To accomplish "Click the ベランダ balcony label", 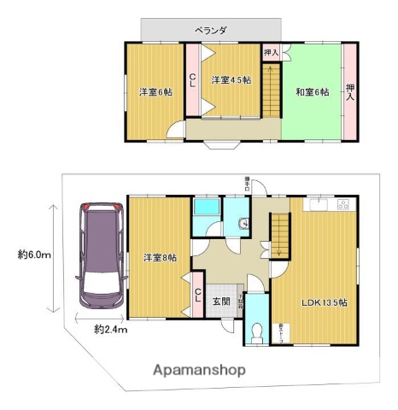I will click(210, 30).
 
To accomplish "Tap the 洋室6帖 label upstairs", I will click(156, 91).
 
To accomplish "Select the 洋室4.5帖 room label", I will click(231, 80).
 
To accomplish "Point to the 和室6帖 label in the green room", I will click(312, 91).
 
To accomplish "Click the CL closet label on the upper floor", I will click(193, 80).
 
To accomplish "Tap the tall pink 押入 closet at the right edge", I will click(349, 91).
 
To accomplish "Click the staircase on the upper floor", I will click(272, 92).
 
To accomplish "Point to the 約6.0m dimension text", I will click(34, 254).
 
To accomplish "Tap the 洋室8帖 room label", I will click(159, 257).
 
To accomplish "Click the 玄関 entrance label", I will click(221, 301).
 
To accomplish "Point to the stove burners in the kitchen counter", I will click(344, 205).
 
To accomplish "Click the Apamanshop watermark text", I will click(200, 370).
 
